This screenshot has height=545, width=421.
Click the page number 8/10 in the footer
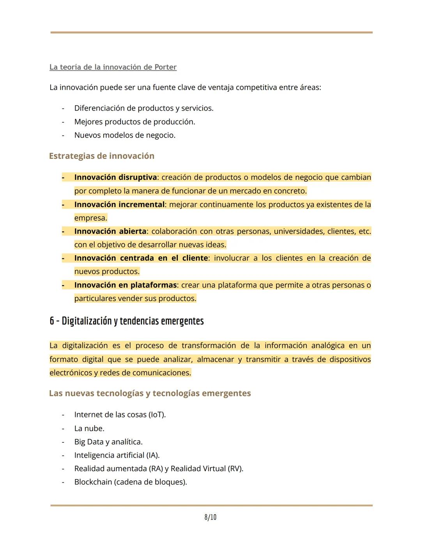coord(210,517)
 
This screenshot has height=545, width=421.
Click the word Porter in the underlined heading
coord(165,67)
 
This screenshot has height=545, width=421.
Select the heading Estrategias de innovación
coord(102,156)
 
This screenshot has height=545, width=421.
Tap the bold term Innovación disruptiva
coord(115,178)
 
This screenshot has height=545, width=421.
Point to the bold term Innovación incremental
coord(119,204)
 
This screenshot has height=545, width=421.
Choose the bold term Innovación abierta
coord(110,231)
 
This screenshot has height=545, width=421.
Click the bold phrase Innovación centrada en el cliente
coord(141,258)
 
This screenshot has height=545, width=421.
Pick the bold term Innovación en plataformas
coord(126,285)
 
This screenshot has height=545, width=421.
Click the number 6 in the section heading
coord(52,321)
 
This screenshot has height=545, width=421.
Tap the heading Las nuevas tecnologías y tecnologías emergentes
coord(150,393)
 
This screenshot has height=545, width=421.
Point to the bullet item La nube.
coord(89,428)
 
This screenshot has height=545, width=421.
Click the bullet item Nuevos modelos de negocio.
coord(125,135)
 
